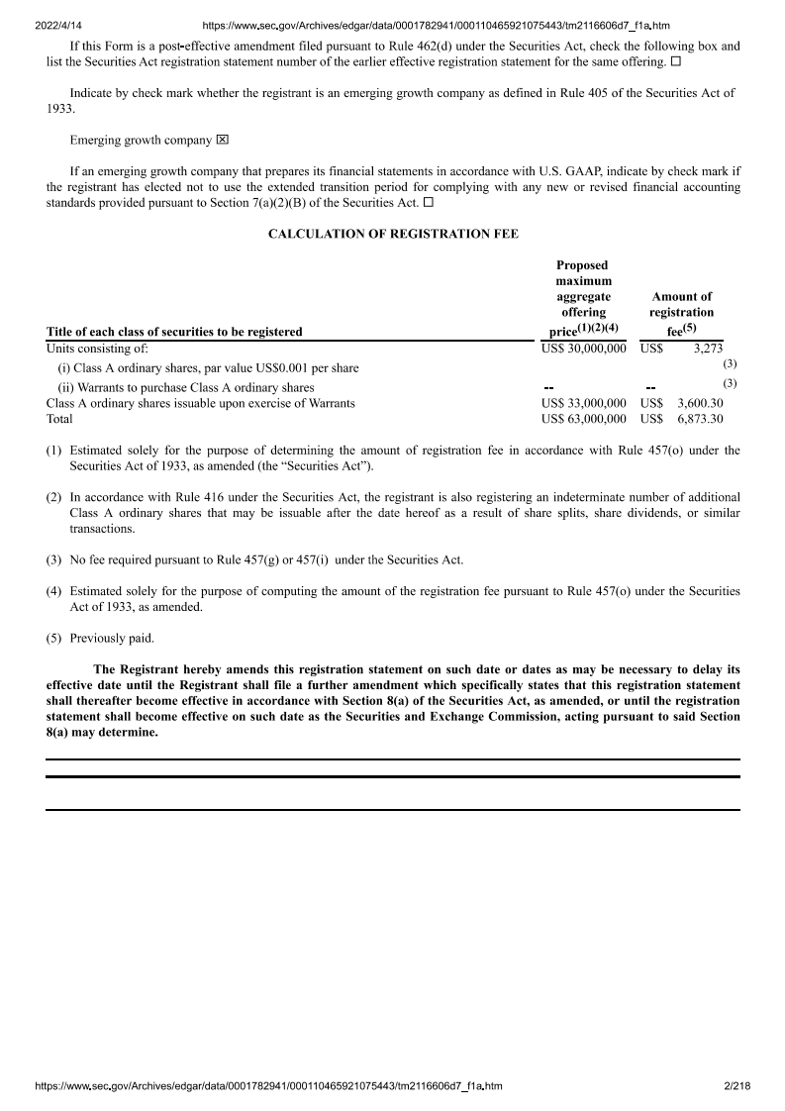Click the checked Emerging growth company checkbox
click(223, 141)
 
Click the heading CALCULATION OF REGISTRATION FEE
click(393, 234)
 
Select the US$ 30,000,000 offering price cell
click(584, 349)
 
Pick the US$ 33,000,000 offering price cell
click(584, 403)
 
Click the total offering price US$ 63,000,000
click(584, 419)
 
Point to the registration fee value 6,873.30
click(700, 419)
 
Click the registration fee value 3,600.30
click(700, 403)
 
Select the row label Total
click(59, 419)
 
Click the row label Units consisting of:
click(97, 349)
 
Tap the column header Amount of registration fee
click(681, 312)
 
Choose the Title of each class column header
click(174, 332)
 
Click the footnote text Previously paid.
click(112, 638)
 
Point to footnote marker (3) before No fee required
click(54, 559)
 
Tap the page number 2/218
click(737, 1086)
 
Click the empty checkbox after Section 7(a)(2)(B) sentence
click(429, 203)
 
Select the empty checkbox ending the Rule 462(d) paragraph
click(675, 62)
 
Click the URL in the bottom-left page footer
click(268, 1086)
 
